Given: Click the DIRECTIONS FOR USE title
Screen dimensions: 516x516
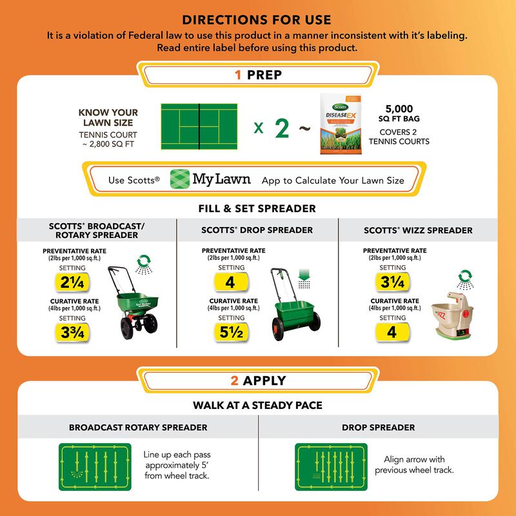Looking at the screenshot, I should point(257,20).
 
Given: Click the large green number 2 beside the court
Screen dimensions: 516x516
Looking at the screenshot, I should point(282,128).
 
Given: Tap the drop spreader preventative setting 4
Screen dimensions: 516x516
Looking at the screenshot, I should point(230,282).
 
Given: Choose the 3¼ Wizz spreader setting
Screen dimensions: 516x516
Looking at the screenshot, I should point(392,282).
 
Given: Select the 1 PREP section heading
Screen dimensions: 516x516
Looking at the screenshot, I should point(257,75).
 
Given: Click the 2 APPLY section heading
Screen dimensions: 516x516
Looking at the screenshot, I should point(257,381).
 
